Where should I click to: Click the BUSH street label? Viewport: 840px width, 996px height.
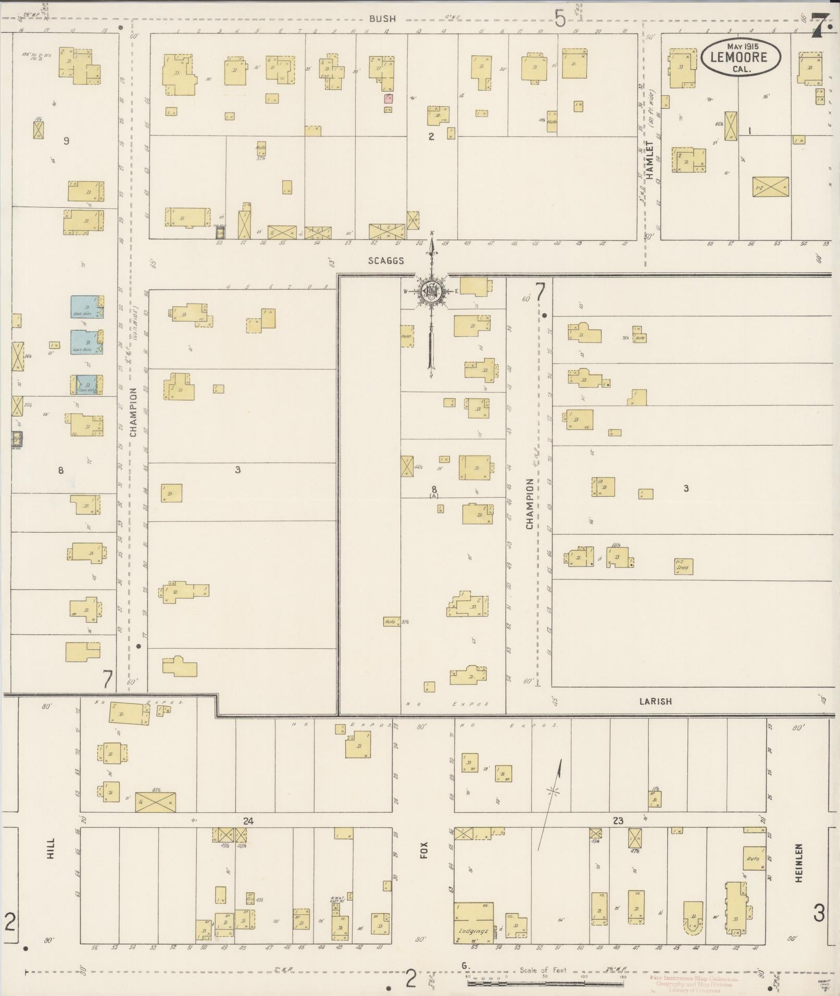[383, 19]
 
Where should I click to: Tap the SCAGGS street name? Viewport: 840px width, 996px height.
[386, 260]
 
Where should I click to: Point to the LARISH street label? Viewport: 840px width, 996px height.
[655, 701]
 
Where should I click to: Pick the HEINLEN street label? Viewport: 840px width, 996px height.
[799, 863]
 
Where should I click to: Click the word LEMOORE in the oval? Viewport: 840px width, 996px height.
[740, 57]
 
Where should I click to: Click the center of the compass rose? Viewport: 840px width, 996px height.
[431, 291]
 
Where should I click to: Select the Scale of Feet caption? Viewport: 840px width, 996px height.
[542, 970]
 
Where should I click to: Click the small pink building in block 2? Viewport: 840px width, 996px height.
[388, 98]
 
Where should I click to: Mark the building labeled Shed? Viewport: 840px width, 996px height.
[683, 567]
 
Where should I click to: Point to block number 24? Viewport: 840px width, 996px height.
[248, 821]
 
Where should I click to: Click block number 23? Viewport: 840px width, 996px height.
[618, 821]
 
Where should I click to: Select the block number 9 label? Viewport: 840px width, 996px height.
[66, 141]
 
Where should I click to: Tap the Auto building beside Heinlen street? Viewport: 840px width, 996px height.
[754, 858]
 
